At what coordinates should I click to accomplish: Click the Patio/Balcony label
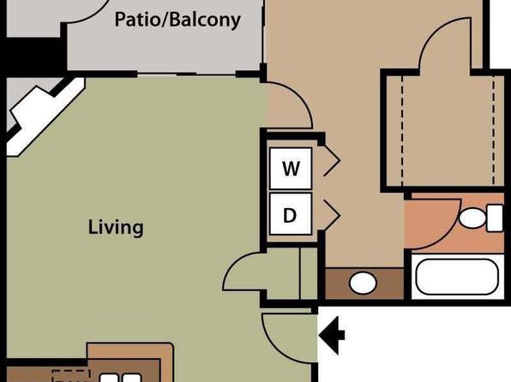point(177,21)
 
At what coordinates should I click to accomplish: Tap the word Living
point(116,227)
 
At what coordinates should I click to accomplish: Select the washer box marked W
point(291,169)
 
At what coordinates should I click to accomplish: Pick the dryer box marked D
point(291,214)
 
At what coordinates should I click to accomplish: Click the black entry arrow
point(332,335)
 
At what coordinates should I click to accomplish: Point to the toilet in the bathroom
point(481,218)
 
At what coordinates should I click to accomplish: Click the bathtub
point(457,277)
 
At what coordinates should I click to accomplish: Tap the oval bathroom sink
point(363,283)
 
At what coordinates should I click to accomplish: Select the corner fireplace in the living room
point(42,117)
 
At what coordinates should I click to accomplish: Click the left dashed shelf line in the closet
point(402,131)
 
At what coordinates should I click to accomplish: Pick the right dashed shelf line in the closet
point(494,131)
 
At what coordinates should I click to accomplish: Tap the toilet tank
point(495,218)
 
